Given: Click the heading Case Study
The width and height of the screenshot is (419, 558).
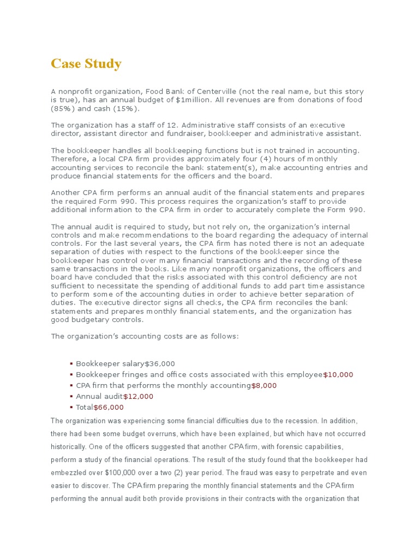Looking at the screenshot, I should tap(86, 64).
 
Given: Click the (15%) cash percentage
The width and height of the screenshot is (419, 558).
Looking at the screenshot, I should tap(119, 108).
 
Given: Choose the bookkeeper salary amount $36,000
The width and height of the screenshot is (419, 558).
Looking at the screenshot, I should tap(160, 363).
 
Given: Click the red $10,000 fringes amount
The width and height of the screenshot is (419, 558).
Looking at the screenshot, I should tap(338, 374).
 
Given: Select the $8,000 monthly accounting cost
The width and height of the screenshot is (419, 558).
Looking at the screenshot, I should tap(264, 385).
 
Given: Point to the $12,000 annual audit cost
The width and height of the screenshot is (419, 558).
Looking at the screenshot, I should tap(138, 396).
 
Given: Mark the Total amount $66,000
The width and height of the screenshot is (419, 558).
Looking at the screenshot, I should tap(109, 407).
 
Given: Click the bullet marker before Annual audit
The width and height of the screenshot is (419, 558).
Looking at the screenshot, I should tap(71, 397).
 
